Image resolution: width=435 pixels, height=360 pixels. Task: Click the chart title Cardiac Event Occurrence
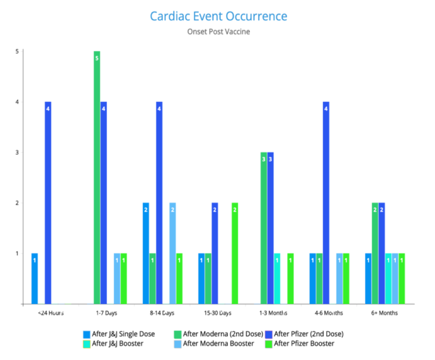(218, 16)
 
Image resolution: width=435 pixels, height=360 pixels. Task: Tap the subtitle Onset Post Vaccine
(218, 32)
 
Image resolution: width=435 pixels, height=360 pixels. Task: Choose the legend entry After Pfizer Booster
(303, 343)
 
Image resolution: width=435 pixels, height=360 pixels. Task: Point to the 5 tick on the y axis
(17, 52)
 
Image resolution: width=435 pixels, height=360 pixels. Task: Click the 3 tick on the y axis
(17, 152)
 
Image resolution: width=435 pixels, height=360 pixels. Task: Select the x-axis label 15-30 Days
(217, 312)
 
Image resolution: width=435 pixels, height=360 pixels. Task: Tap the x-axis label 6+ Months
(385, 312)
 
